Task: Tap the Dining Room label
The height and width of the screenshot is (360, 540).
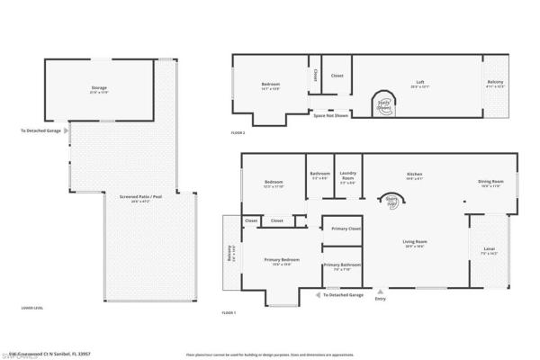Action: point(490,183)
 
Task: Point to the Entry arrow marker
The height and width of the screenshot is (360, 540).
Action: point(380,292)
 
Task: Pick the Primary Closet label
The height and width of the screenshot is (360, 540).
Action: point(346,229)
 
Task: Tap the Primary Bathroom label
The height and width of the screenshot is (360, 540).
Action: point(343,266)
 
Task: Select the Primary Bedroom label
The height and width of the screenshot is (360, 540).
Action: point(282,262)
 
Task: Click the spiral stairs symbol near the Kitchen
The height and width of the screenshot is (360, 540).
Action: point(391,203)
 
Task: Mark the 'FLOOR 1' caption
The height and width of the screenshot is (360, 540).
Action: point(229,312)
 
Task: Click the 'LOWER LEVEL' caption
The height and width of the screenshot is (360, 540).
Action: point(32,308)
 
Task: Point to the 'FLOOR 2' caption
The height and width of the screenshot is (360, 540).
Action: point(238,132)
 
